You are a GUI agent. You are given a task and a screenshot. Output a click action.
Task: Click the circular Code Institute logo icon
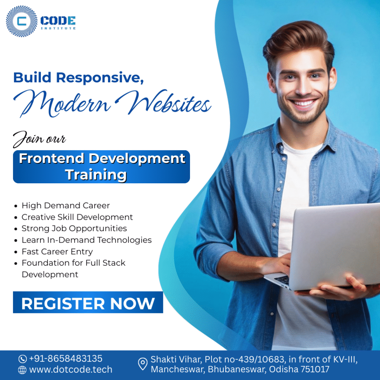(22, 22)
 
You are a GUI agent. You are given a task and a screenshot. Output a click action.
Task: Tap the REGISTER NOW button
(88, 303)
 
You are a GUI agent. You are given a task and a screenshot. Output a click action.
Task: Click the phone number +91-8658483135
(65, 359)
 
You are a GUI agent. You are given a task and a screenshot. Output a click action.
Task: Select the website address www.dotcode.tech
(71, 370)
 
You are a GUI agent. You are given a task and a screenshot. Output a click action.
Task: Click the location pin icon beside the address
(142, 364)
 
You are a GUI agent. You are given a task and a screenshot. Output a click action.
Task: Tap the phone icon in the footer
(23, 359)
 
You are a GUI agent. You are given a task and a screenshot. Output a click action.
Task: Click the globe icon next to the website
(23, 370)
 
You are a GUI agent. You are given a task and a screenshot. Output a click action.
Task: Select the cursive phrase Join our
(39, 139)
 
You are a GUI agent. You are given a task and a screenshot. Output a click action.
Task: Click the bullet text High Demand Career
(66, 205)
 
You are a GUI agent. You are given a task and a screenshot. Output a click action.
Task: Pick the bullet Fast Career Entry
(57, 252)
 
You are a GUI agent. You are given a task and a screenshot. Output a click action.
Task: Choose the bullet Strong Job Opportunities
(74, 228)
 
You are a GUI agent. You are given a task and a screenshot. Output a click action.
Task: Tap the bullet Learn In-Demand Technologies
(86, 240)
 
